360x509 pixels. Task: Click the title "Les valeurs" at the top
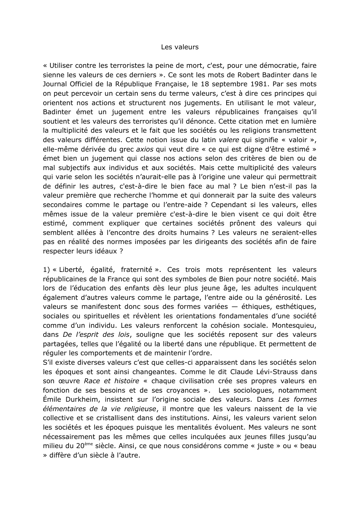pyautogui.click(x=180, y=47)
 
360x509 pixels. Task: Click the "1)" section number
pyautogui.click(x=46, y=270)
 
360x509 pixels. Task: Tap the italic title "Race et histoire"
pyautogui.click(x=111, y=381)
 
